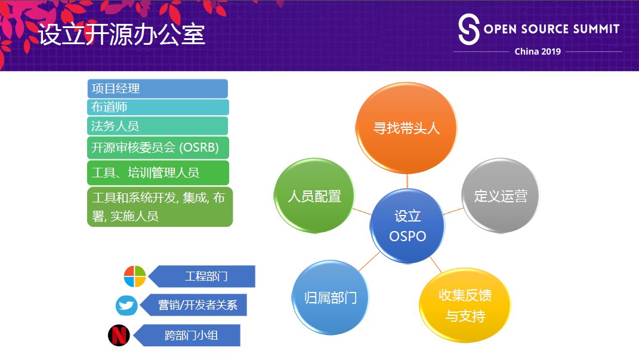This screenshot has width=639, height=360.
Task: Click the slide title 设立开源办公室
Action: pos(122,35)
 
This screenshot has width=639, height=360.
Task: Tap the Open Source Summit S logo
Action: pos(468,30)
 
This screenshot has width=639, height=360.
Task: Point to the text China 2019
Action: pos(538,51)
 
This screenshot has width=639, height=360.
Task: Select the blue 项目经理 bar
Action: pos(158,89)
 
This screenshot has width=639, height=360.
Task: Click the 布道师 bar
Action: pos(158,107)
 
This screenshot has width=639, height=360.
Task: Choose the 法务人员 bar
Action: pos(158,126)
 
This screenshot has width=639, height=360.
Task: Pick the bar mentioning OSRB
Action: pos(158,147)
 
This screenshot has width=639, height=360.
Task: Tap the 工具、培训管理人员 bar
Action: pos(158,173)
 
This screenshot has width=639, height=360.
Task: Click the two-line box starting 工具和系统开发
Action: pos(159,207)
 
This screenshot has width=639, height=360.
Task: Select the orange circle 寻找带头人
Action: pos(406,128)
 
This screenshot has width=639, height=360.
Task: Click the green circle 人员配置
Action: pos(314,196)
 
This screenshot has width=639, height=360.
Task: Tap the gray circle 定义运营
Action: pos(501,196)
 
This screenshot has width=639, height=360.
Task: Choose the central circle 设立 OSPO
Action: pos(408,226)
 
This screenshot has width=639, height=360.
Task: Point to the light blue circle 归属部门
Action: pos(330,298)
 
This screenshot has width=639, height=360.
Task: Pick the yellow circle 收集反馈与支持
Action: pos(465,305)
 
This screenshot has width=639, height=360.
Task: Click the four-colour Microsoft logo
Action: pos(135,276)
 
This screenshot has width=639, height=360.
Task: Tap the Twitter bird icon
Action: pos(126,306)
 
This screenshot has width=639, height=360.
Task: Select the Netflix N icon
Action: pos(119,335)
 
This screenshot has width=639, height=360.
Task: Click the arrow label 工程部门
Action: pos(205,276)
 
